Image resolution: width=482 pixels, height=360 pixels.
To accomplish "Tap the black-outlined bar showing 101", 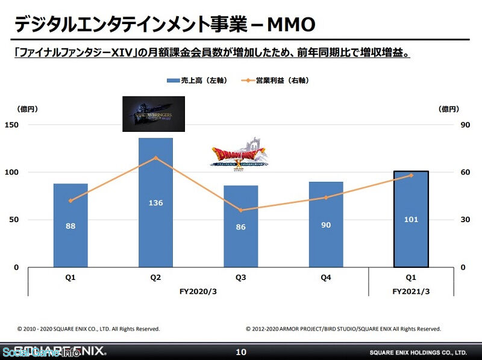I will (411, 219).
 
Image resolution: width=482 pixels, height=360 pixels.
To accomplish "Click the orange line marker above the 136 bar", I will (155, 158).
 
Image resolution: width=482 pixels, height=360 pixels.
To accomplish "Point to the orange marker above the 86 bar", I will (240, 210).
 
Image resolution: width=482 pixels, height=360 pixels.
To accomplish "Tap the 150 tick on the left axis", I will (13, 125).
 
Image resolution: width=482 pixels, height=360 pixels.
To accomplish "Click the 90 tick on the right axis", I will (448, 125).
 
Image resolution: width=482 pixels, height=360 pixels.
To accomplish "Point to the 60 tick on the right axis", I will (448, 172).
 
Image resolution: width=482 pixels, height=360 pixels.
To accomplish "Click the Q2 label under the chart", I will (155, 278).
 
